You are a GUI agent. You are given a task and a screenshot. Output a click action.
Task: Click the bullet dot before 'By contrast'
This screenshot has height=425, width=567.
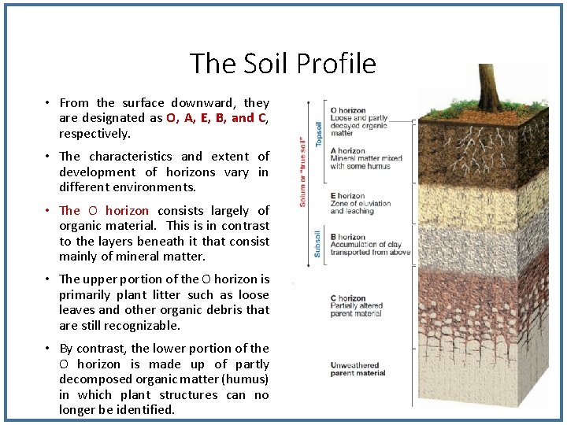(x=48, y=349)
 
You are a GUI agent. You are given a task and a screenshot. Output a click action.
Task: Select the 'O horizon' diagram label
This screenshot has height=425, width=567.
(x=348, y=110)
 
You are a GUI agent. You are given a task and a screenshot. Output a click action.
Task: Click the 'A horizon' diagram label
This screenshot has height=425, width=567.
(x=347, y=150)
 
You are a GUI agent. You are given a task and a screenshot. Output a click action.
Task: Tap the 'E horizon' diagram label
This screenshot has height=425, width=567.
(x=347, y=196)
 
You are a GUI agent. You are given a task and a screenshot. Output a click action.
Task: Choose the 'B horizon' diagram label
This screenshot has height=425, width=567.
(x=347, y=237)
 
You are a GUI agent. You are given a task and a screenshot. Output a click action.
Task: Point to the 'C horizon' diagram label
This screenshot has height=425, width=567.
(x=347, y=298)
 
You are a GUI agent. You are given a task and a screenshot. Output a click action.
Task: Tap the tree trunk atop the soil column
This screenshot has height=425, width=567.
(x=488, y=87)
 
